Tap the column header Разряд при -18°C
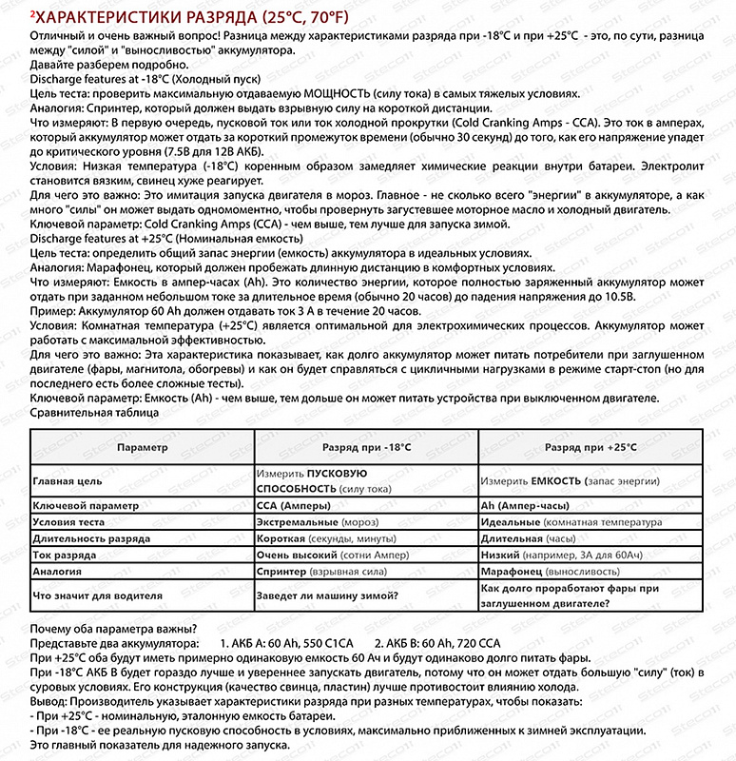pos(366,445)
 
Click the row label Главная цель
pos(68,481)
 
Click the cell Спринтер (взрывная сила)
pos(322,572)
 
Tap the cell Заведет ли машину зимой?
pos(327,595)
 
